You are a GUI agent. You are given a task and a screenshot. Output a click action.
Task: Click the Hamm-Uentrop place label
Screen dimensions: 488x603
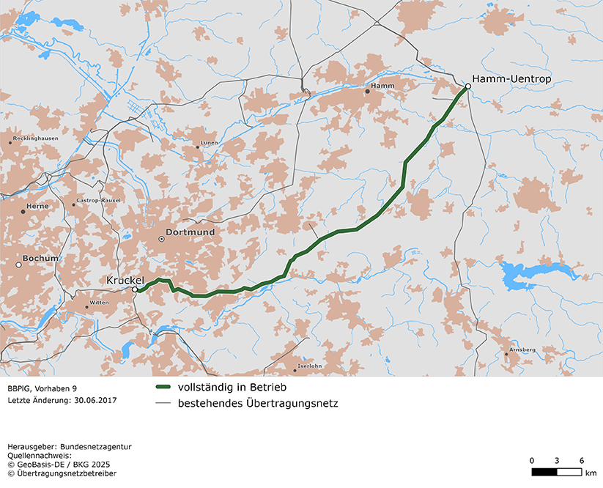tap(511, 78)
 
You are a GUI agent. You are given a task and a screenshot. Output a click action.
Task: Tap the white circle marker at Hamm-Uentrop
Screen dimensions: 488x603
tap(467, 86)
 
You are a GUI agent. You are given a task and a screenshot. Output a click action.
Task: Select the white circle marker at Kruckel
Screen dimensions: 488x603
tap(135, 290)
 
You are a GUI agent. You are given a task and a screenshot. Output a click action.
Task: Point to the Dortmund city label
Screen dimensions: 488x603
tap(190, 232)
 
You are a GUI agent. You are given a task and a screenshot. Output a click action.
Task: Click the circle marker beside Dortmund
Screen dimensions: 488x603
tap(161, 239)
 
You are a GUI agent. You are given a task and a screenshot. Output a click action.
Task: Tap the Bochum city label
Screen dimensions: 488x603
tap(40, 259)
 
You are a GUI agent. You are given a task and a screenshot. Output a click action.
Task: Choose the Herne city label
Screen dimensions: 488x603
tap(37, 207)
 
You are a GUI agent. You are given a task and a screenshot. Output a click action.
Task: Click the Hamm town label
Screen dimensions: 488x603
tap(382, 86)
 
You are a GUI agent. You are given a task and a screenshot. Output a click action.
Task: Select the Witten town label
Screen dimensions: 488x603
tap(99, 303)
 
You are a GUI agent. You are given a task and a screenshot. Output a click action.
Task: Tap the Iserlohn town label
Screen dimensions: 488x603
tap(310, 366)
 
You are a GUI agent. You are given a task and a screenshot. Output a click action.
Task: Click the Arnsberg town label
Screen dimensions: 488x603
tap(522, 350)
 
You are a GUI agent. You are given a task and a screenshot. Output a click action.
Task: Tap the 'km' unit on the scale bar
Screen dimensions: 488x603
tap(591, 473)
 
